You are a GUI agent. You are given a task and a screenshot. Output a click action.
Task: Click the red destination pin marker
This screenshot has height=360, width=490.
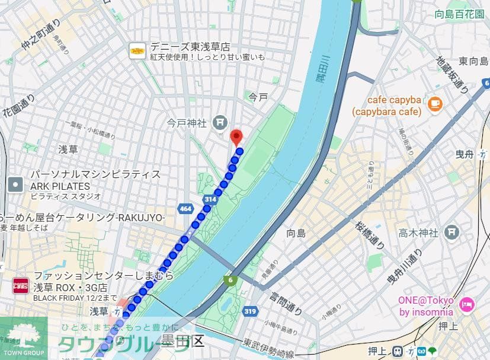point(236,137)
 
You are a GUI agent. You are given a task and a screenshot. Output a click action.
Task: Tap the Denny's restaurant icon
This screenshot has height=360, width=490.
point(137,51)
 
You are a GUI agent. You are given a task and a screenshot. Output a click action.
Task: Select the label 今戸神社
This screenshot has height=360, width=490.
point(186,123)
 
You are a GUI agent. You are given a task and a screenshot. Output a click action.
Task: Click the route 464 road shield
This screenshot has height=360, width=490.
point(185,209)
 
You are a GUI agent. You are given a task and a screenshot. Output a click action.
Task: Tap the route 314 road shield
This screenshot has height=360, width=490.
point(210,200)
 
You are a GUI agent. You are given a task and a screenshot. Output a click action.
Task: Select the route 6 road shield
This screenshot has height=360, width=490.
point(230,279)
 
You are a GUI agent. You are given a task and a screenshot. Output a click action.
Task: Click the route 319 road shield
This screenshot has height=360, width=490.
point(249,311)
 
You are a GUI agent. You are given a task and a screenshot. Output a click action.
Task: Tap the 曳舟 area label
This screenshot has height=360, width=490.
point(466,154)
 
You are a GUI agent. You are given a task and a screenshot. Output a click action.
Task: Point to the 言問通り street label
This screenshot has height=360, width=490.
point(286,302)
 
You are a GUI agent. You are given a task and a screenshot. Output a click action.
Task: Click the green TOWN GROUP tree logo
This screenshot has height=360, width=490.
point(23,336)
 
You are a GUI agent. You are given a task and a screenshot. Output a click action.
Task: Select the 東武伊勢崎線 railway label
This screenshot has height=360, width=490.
point(269,348)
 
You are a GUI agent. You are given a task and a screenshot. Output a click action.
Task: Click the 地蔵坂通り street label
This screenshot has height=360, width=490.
point(453,75)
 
